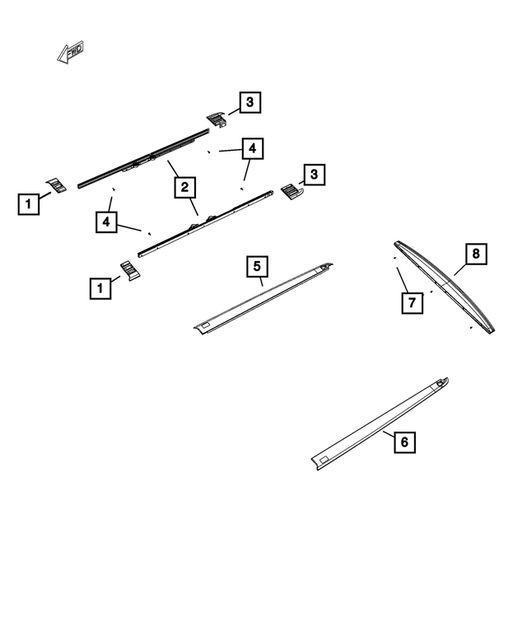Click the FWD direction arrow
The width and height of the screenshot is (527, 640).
71,52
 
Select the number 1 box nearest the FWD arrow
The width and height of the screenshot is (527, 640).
29,203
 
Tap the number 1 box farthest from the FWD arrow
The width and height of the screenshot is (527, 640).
100,287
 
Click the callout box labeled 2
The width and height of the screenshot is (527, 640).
185,188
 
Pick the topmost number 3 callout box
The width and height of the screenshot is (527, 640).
250,102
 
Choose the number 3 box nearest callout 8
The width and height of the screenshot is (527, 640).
313,174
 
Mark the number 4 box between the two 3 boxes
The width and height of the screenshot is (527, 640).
253,149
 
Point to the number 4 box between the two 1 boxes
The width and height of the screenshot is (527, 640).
106,222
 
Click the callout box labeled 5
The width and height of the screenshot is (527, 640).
257,267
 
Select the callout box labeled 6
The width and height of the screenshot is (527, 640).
403,442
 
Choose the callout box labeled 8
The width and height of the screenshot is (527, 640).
475,254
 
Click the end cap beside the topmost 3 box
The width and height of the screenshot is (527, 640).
217,119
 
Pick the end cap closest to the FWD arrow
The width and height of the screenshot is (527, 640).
57,185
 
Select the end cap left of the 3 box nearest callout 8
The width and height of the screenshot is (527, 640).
291,192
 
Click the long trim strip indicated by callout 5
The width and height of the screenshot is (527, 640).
263,298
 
